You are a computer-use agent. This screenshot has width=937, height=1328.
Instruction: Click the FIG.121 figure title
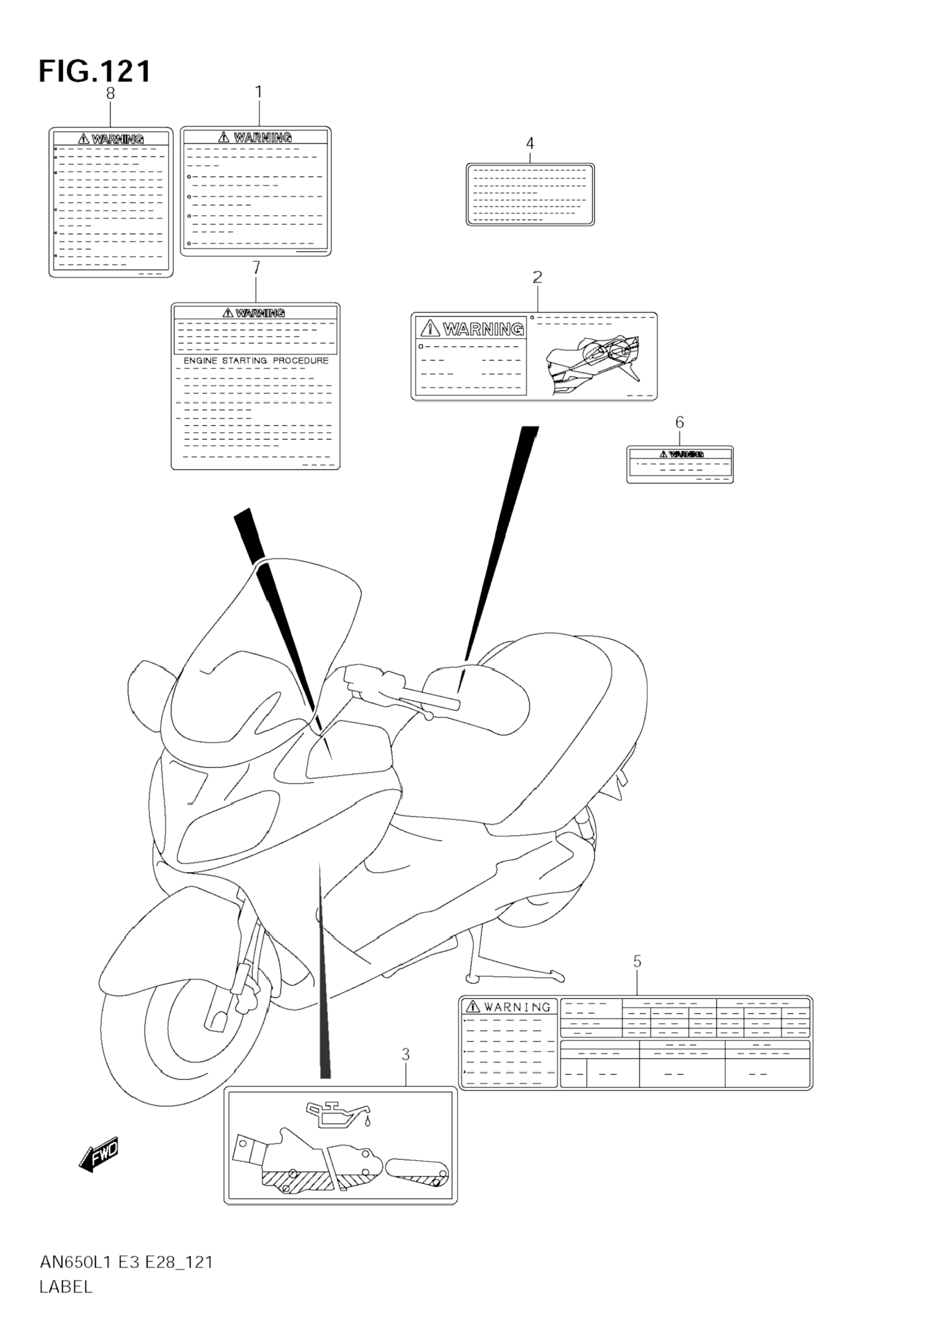95,72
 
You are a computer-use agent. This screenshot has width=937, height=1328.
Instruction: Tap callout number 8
111,93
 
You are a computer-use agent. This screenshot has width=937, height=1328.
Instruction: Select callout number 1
259,92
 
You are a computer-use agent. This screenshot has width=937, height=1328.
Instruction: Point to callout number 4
530,143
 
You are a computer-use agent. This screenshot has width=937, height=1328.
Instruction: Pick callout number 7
256,268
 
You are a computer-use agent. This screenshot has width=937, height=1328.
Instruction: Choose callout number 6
679,423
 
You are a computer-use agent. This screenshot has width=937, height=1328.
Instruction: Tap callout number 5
637,961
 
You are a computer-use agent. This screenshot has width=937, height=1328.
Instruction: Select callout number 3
406,1055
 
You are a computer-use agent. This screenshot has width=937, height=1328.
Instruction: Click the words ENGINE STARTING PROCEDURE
256,361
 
